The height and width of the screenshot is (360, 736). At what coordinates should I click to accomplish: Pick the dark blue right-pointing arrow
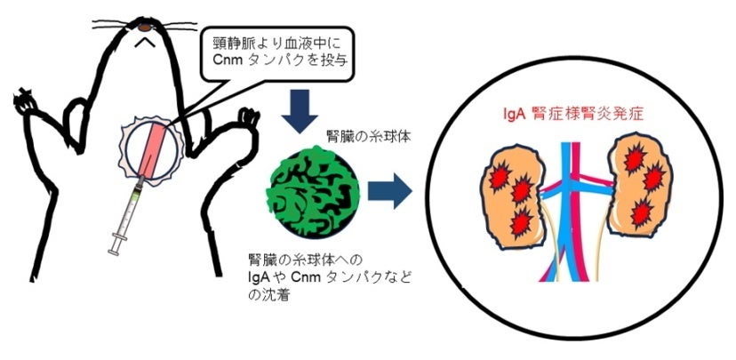point(388,190)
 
